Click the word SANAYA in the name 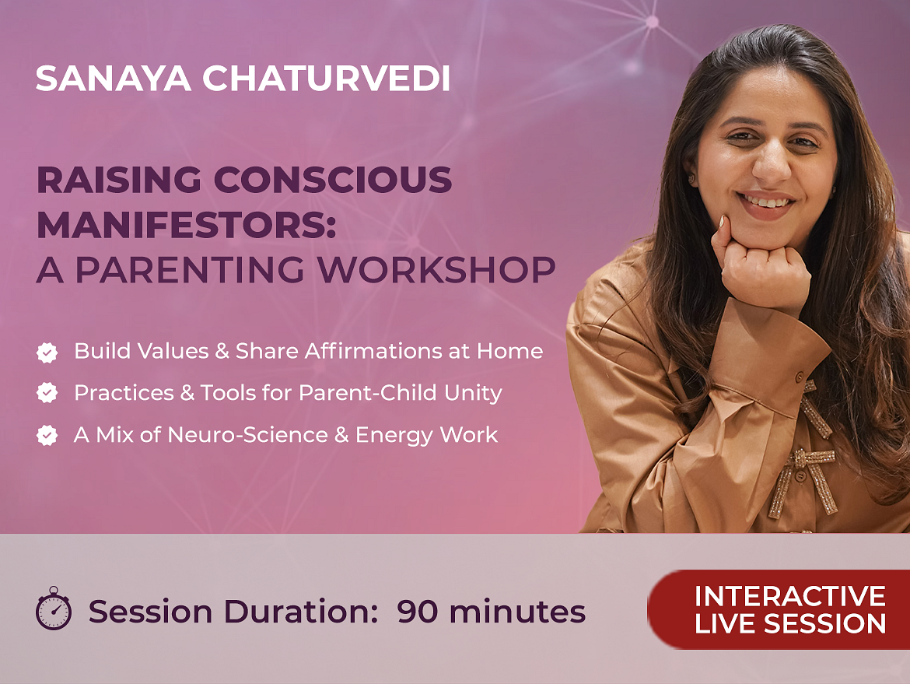pos(114,79)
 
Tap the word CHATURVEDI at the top pos(326,79)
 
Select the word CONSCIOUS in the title pos(333,180)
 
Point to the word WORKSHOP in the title pos(436,269)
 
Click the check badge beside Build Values pos(47,352)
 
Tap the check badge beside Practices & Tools pos(47,393)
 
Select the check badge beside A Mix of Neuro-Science pos(47,435)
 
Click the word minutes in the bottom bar pos(517,612)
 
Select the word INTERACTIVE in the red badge pos(790,596)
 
